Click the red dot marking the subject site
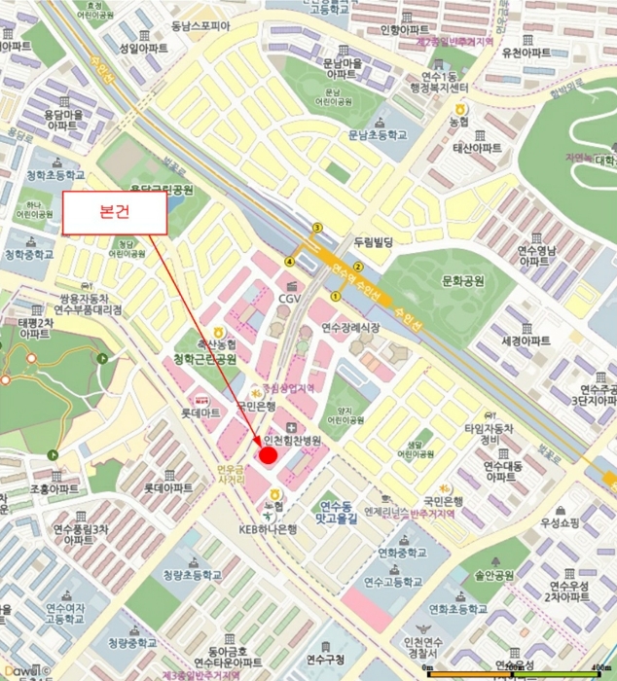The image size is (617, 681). [x=268, y=457]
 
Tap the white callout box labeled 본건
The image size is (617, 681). [x=116, y=212]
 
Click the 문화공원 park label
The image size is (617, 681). [x=463, y=281]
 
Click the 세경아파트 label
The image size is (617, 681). [x=526, y=340]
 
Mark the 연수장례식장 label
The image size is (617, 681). [x=350, y=327]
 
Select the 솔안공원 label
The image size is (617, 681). [x=494, y=576]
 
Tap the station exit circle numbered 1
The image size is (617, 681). [x=337, y=296]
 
